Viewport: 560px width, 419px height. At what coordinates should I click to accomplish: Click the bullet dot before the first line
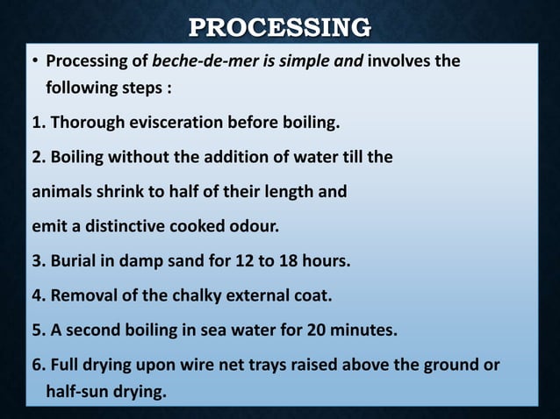pos(36,64)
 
